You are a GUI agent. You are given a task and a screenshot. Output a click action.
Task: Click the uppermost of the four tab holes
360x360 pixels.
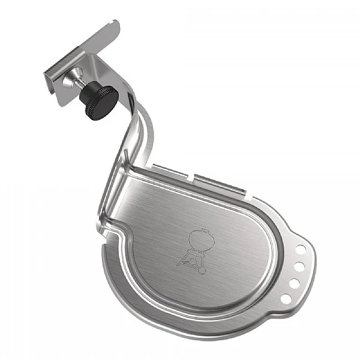pos(301,247)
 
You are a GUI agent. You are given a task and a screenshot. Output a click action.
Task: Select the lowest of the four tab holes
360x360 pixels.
pos(286,298)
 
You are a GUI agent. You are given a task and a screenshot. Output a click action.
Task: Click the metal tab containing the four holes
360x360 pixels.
pos(298,270)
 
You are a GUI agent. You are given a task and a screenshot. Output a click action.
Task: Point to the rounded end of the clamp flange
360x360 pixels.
pos(114,26)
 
